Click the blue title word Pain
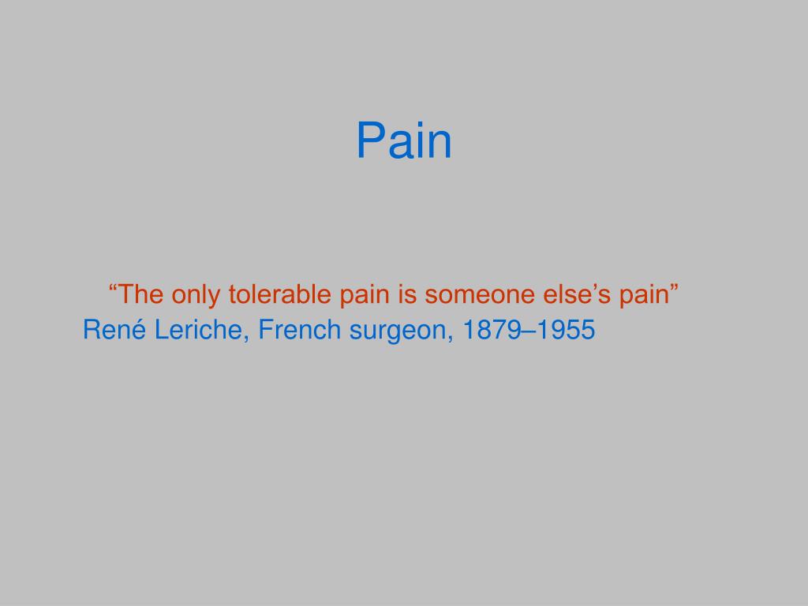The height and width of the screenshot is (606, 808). click(x=403, y=141)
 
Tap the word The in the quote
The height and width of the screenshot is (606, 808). click(x=139, y=295)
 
